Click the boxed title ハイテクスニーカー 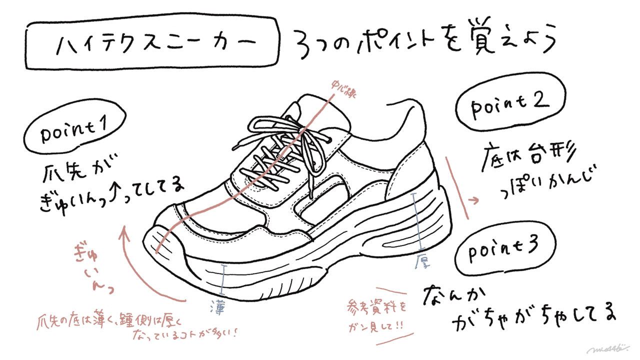click(152, 45)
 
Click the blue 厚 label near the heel click(422, 261)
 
